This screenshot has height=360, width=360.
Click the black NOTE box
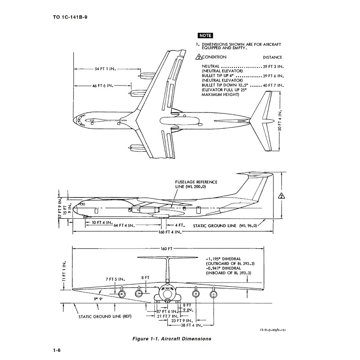[205, 36]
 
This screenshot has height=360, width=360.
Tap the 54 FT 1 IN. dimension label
[106, 69]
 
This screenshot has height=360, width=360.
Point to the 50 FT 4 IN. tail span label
[279, 120]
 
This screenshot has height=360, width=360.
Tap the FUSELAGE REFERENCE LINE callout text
[197, 184]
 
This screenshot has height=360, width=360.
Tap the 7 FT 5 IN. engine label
[115, 279]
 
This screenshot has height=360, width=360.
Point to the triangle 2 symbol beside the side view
[281, 196]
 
